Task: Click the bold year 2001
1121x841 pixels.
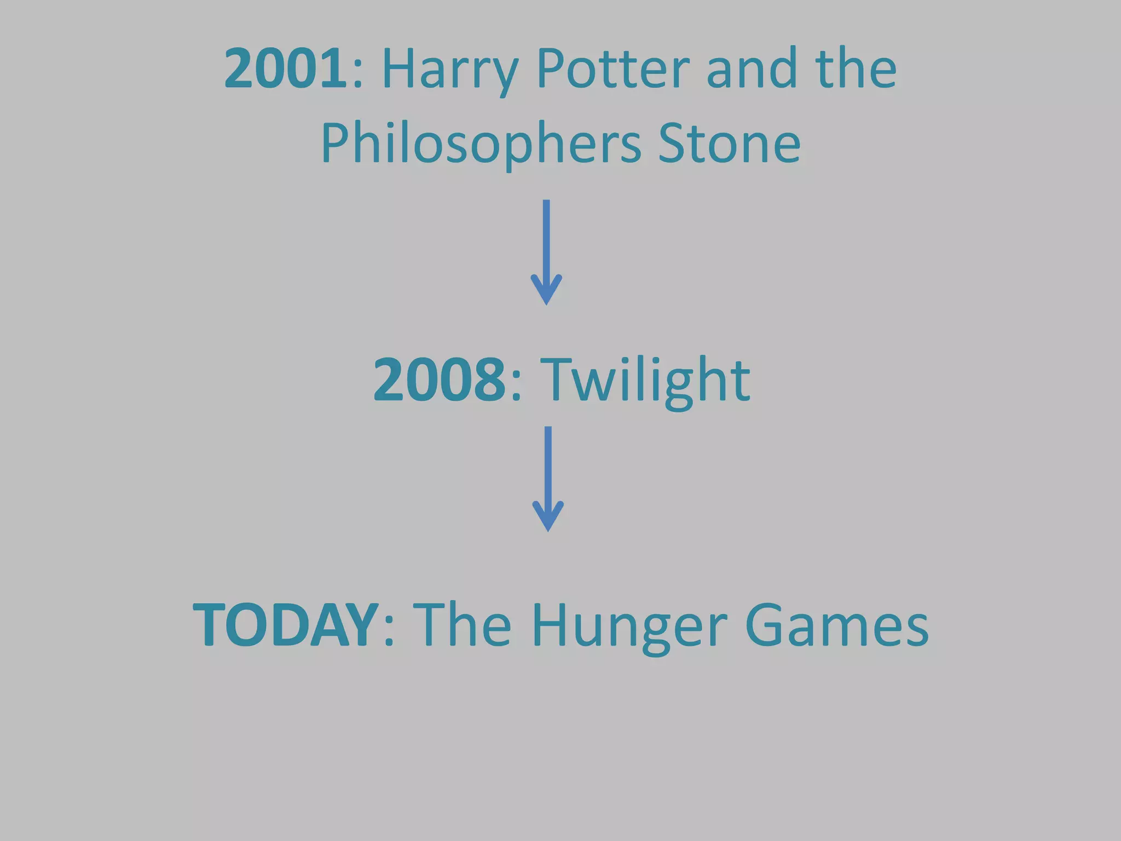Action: click(x=285, y=68)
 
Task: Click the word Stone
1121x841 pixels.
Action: click(x=729, y=143)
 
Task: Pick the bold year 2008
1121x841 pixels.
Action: click(x=439, y=379)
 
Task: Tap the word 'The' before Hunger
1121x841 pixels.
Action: click(x=462, y=625)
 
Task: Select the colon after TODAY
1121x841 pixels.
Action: click(x=389, y=632)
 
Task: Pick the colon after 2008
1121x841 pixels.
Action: click(x=516, y=387)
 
